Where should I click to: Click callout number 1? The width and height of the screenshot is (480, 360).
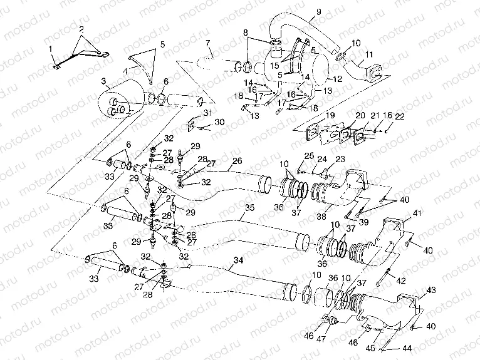(51, 49)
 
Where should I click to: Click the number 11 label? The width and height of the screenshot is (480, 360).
(369, 55)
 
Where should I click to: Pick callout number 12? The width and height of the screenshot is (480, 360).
(337, 79)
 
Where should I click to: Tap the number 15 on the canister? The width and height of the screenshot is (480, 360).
(274, 64)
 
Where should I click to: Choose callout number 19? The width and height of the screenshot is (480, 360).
(330, 116)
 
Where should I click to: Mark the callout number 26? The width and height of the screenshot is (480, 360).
(237, 161)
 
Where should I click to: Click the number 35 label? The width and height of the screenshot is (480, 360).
(249, 207)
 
